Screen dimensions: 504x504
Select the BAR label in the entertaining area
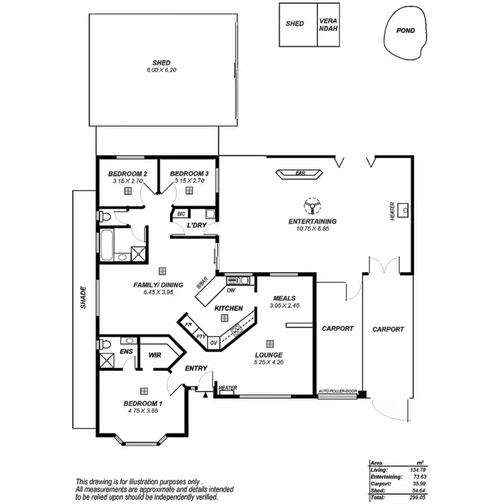point(300,173)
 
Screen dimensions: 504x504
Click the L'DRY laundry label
point(196,225)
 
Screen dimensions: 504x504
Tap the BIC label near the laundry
point(181,214)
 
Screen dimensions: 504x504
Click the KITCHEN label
point(228,308)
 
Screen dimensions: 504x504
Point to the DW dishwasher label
point(230,291)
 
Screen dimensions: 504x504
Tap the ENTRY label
point(196,368)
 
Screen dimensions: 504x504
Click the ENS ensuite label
point(125,351)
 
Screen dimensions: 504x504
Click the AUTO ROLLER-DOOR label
point(337,390)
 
